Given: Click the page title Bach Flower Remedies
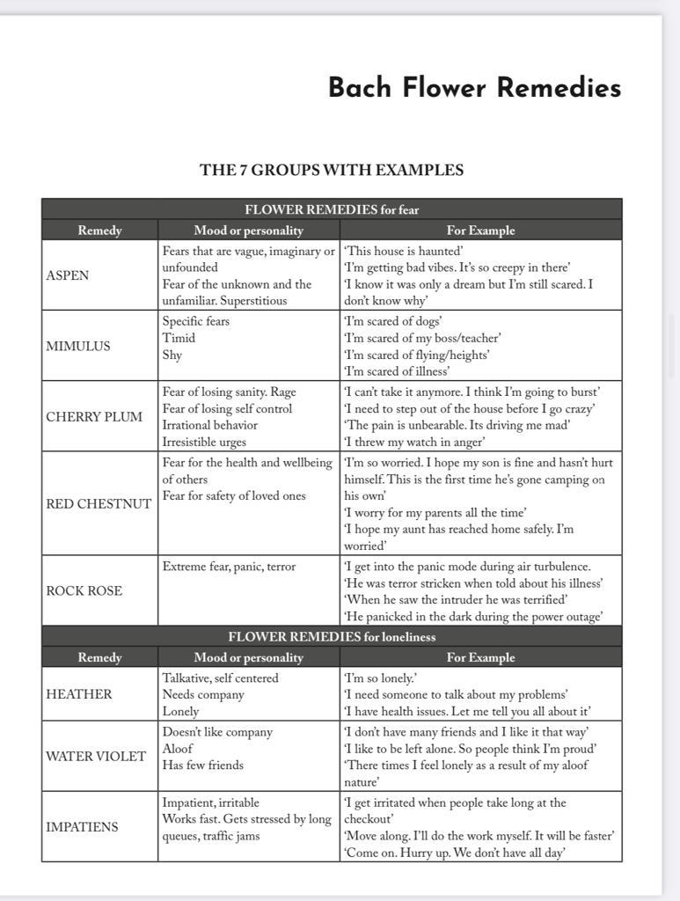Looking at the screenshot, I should (474, 88).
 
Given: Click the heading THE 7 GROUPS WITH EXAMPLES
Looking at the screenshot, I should (332, 170).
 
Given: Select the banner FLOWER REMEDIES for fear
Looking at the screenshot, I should (332, 209).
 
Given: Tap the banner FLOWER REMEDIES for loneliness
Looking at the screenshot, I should (332, 636).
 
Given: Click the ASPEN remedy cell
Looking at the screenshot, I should (68, 275).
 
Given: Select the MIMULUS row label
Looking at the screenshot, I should (78, 346).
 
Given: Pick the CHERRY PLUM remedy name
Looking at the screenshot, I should (94, 417).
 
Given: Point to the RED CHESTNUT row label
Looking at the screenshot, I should (99, 504).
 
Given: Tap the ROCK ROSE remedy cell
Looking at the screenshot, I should (84, 590).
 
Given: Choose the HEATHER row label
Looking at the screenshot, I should (79, 694).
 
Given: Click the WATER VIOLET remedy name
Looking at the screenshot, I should (96, 757).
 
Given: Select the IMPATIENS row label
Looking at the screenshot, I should (82, 826).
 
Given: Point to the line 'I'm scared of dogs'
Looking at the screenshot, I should (392, 321).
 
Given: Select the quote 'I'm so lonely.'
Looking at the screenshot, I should (380, 678).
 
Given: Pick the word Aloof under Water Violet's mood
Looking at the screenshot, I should (179, 749).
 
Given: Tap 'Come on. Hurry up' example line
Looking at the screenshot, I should (454, 853).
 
